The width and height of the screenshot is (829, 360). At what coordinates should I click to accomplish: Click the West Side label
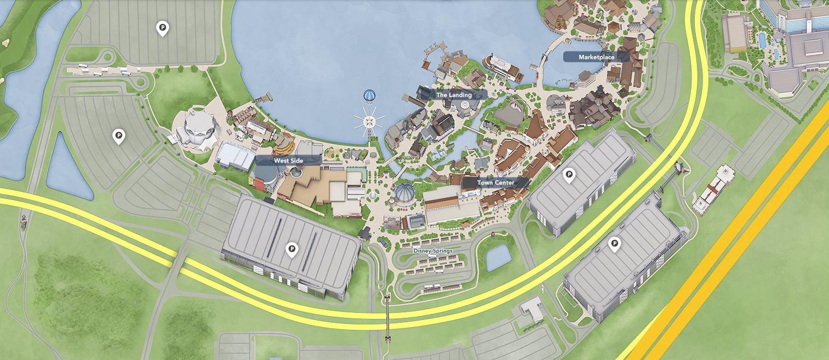coord(288,161)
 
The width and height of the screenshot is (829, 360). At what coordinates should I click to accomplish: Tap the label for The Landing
coord(454,95)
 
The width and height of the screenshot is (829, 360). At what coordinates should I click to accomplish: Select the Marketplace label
coord(596,57)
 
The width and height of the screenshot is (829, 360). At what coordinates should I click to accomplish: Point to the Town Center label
coord(495,182)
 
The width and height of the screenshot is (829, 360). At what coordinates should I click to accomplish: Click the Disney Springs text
coord(433,251)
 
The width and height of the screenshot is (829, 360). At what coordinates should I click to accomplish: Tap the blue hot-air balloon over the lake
coord(369,96)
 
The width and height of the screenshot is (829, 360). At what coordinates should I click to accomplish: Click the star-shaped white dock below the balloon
coord(370,121)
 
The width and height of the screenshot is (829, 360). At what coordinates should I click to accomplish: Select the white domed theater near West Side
coord(196,129)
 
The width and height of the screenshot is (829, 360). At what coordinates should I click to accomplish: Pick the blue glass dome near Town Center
coord(405,193)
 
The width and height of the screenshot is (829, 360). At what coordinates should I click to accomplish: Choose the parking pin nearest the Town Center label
coord(569,175)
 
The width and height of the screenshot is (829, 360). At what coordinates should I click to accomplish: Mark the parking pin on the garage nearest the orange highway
coord(615,243)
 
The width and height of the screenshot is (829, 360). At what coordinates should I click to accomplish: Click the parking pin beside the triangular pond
coord(118,135)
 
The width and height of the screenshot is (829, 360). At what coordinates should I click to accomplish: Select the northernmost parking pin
coord(162,27)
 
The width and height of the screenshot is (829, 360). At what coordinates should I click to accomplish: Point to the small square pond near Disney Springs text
coord(498,258)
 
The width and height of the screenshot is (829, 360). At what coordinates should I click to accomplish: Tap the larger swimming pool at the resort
coord(762,40)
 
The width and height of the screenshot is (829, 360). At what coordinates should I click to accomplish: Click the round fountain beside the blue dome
coord(373,196)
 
